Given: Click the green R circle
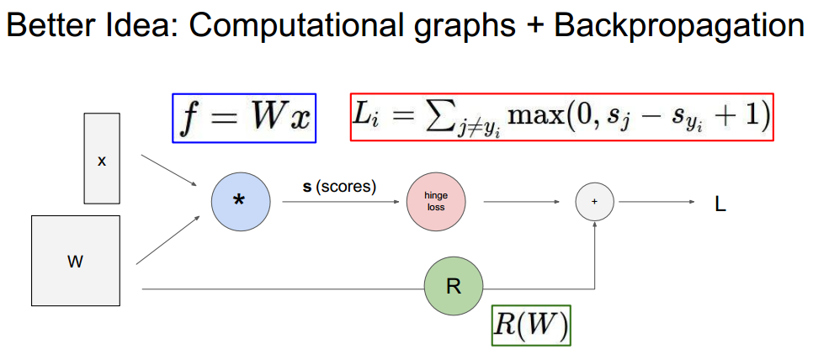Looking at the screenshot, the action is [x=454, y=287].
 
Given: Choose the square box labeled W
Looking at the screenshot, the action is [x=75, y=261].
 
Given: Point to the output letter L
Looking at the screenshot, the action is [x=720, y=203].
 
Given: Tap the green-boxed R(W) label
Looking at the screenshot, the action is [x=531, y=326].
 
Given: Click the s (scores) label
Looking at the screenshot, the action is [x=339, y=186].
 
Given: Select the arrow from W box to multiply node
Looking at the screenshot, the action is [x=168, y=240].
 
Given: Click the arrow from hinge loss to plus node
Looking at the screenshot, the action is [x=522, y=202].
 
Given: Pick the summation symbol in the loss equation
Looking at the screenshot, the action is [x=437, y=114].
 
